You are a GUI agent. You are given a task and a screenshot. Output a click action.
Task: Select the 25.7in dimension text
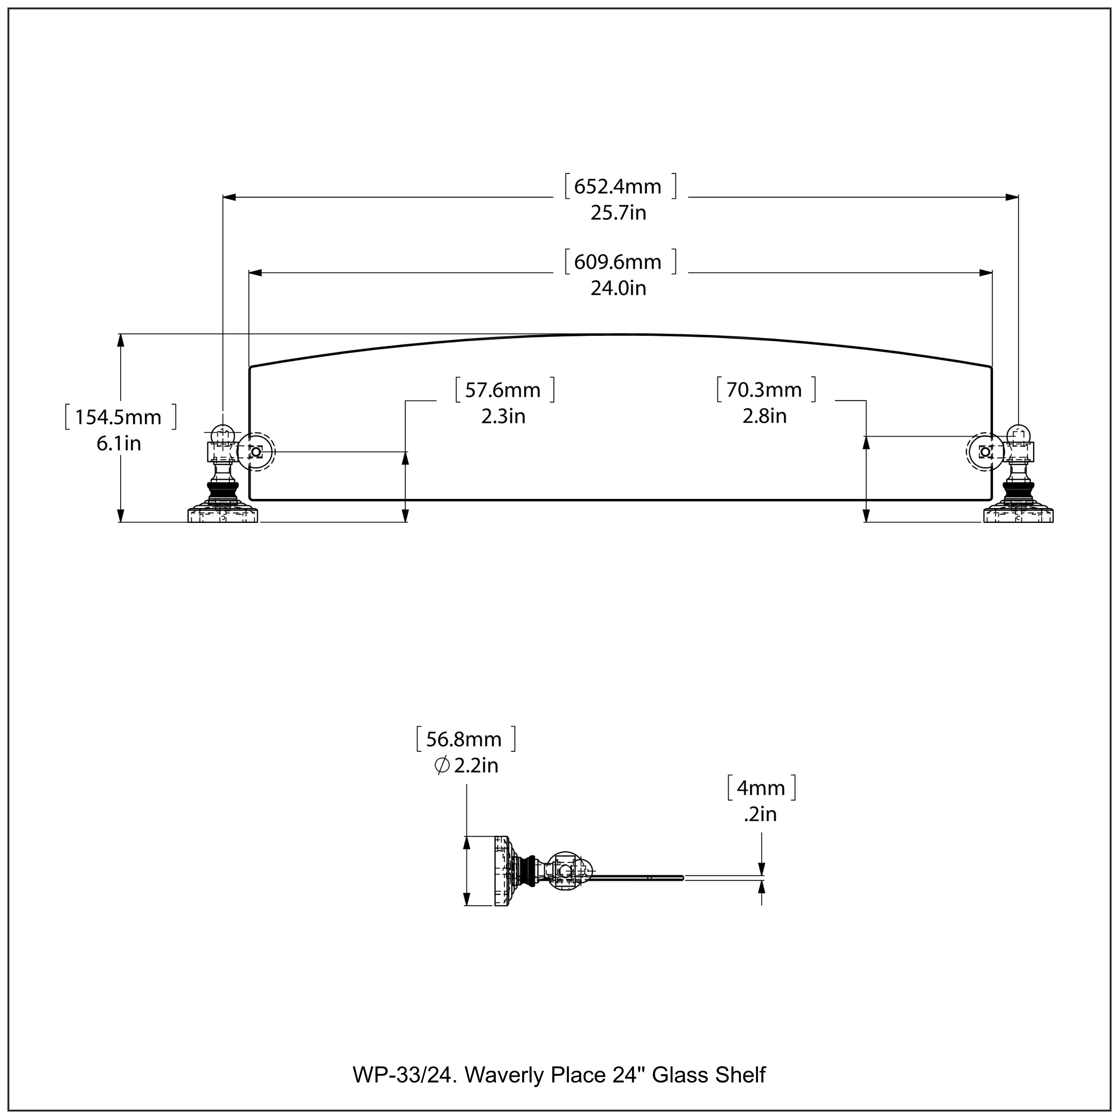click(618, 213)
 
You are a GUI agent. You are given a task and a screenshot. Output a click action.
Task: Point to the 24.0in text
click(618, 288)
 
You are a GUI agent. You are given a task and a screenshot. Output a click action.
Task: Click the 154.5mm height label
click(119, 417)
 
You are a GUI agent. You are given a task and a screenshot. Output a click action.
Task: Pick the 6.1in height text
click(119, 443)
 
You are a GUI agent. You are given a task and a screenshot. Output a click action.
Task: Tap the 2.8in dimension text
click(765, 416)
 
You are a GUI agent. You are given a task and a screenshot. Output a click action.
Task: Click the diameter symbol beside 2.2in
click(441, 766)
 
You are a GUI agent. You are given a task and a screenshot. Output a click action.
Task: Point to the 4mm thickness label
click(761, 788)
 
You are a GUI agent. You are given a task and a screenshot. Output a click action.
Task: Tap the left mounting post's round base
click(223, 514)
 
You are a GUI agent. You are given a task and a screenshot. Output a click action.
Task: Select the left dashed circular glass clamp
click(256, 451)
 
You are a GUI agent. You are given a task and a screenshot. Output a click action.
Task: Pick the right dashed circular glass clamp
click(985, 451)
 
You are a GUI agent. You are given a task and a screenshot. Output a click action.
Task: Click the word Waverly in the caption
click(504, 1075)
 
